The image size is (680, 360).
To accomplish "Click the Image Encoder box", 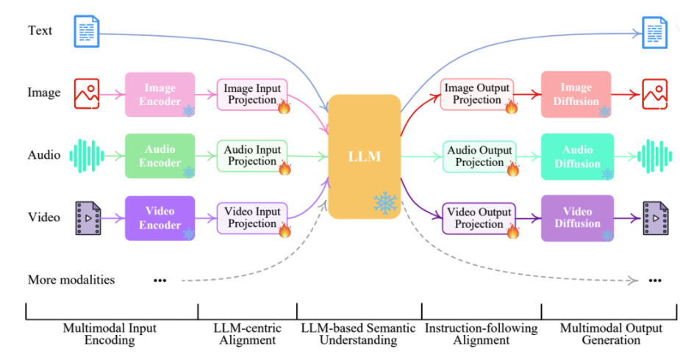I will pos(160,94).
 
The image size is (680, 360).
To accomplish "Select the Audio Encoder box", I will pos(160,156).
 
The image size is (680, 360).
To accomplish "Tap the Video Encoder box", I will pos(160,217).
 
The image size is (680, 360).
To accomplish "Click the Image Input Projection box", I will pos(252,94).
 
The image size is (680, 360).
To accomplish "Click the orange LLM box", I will pos(363,156).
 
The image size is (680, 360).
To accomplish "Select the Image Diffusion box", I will pos(576,94).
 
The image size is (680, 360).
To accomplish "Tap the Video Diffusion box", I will pos(576,217).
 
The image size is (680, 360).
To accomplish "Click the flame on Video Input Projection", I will pos(284,231).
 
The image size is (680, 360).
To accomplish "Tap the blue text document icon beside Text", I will pos(85,32).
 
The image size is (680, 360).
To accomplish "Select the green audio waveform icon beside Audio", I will pos(85,156).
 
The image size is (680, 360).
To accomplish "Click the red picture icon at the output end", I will pos(654,94).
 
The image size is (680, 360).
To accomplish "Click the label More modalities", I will pos(71,280).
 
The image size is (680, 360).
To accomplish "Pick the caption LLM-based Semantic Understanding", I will pos(359,334).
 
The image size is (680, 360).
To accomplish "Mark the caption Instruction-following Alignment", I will pos(481,334).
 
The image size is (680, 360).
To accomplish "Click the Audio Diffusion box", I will pos(576,156).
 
